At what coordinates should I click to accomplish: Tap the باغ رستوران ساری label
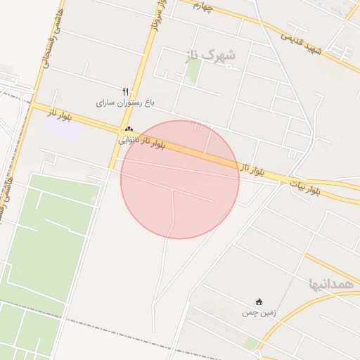[124, 103]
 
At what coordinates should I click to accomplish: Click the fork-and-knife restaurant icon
[125, 91]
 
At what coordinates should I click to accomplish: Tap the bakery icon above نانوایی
[129, 129]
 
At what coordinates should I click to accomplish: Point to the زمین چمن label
[259, 312]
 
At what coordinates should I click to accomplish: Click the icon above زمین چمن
[259, 302]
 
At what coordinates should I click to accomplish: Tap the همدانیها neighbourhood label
[330, 284]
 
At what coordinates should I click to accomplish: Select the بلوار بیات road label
[305, 187]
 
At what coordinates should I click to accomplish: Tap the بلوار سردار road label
[158, 18]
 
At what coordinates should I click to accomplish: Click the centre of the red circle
[180, 179]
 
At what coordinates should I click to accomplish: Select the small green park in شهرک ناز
[193, 70]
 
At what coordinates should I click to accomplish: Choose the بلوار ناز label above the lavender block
[60, 112]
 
